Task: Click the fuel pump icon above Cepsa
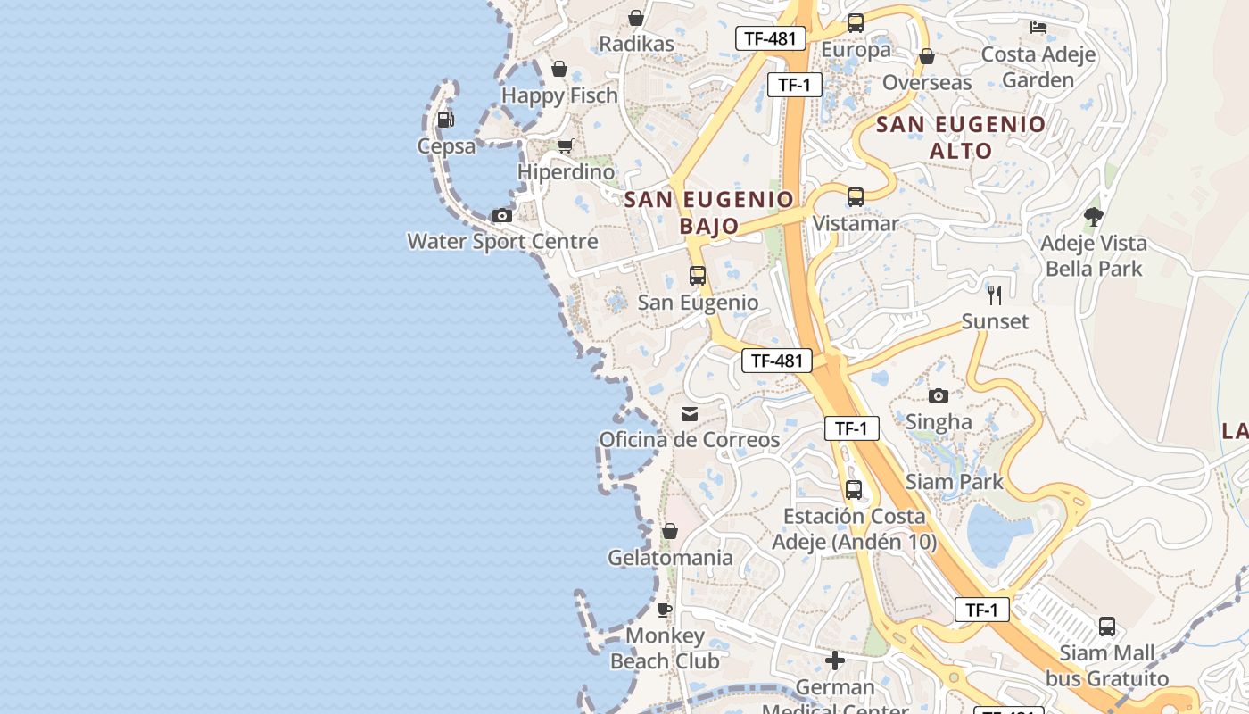coord(445,119)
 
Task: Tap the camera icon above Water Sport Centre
coord(502,215)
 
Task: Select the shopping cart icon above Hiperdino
coord(565,145)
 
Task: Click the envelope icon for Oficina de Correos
coord(690,413)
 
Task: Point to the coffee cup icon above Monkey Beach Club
coord(665,610)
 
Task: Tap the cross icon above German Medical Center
coord(835,660)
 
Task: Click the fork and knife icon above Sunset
coord(995,295)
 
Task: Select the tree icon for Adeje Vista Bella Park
coord(1093,216)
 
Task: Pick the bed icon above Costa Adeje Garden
coord(1038,28)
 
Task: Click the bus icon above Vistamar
coord(856,196)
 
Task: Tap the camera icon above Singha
coord(939,395)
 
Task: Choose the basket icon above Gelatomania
coord(670,531)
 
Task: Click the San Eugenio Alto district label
coord(961,137)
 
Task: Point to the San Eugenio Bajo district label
coord(709,212)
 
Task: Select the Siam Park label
coord(955,482)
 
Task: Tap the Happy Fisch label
coord(559,95)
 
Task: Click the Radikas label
coord(636,44)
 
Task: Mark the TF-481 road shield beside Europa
coord(771,38)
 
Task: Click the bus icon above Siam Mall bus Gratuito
coord(1107,627)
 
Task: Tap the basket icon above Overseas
coord(927,56)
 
